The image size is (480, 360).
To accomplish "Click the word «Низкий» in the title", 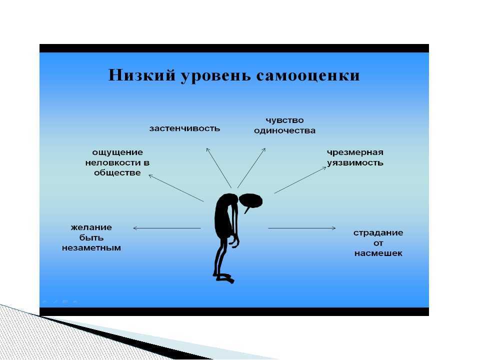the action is pos(142,75).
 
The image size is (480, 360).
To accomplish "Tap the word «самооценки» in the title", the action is pos(307,76).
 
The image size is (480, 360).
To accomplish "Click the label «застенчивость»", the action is pos(184,128).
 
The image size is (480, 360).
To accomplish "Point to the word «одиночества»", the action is pos(284,130).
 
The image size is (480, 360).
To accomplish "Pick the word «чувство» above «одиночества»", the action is pos(284,120).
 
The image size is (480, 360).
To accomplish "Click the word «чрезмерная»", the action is pos(355,152).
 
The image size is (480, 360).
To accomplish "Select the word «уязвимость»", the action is pos(355,162).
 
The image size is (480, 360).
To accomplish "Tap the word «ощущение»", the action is pos(117,152).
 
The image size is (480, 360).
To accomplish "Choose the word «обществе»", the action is pos(117,172).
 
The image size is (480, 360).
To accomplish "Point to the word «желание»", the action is pos(91,227).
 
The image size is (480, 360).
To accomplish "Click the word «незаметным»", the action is pos(91,247).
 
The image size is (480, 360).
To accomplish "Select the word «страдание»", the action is pos(378,233).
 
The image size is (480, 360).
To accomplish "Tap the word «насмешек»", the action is pos(378,253).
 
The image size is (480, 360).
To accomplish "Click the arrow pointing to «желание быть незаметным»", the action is pos(167,228).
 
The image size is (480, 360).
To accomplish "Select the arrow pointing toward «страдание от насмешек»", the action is pos(302,228).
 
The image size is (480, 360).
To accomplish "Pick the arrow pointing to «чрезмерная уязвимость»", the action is pos(300,180).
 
